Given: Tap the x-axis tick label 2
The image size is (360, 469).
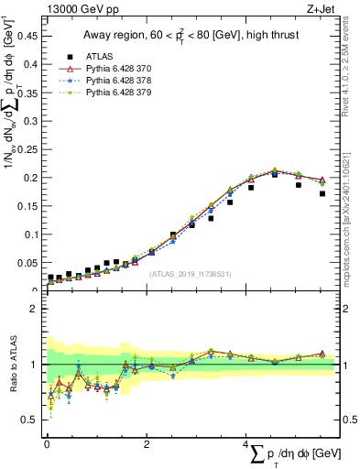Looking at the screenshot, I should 146,444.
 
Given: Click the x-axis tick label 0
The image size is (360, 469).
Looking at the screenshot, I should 47,444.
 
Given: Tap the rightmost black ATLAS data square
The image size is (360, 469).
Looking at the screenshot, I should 322,193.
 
